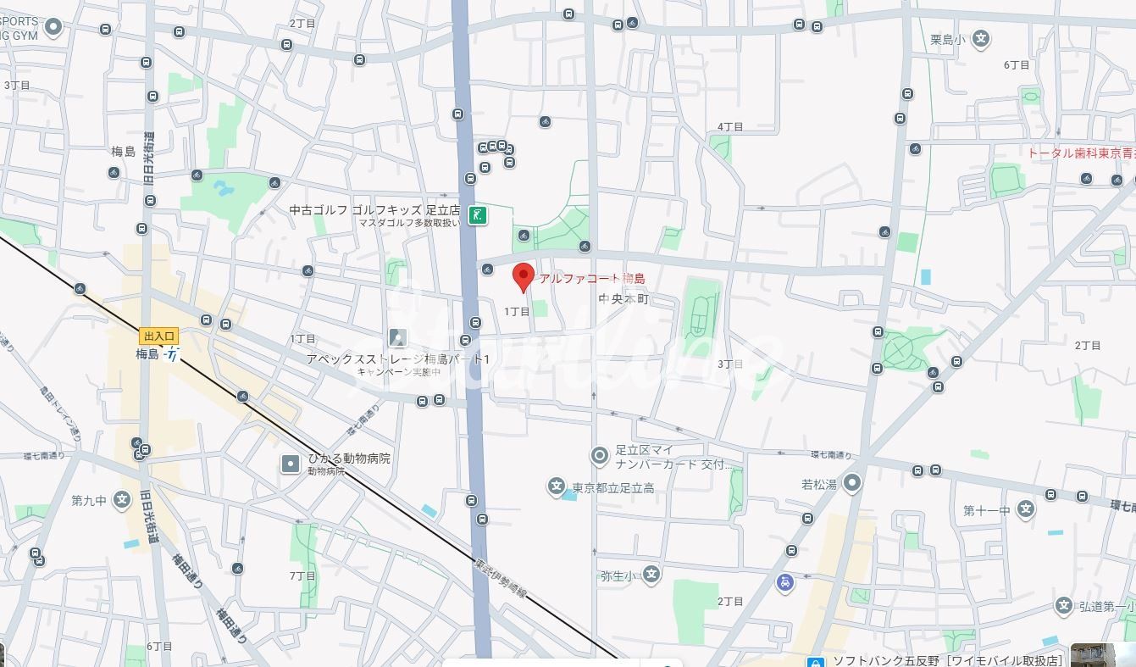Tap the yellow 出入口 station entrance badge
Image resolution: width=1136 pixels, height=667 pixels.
pos(158,336)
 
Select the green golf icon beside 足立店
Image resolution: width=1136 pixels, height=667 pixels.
pos(479,215)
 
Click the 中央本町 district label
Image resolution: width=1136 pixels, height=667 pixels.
pos(623,299)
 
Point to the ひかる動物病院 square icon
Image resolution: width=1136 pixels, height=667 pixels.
pos(291,464)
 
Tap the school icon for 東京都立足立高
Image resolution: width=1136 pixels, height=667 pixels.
pos(556,486)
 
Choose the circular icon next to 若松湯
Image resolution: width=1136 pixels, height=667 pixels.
pos(852,483)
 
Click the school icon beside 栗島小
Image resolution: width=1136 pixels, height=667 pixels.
pos(981,38)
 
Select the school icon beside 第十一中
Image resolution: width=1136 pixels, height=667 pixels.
pos(1026,509)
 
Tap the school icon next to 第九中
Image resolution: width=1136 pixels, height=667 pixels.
pos(122,500)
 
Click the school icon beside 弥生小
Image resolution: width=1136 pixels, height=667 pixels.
pos(651,575)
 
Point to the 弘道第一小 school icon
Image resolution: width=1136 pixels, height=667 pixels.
pos(1064,605)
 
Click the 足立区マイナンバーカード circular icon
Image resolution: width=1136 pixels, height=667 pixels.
pos(600,457)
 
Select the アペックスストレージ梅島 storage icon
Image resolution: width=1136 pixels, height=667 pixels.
pos(397,338)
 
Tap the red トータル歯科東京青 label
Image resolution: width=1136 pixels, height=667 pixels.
pos(1081,153)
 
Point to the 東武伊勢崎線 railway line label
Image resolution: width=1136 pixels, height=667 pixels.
pos(501,578)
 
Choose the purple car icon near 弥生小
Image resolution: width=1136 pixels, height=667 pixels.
pos(785,582)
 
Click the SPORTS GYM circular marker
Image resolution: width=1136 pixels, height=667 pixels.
pos(53,27)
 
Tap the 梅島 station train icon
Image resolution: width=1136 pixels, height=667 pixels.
pos(172,354)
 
